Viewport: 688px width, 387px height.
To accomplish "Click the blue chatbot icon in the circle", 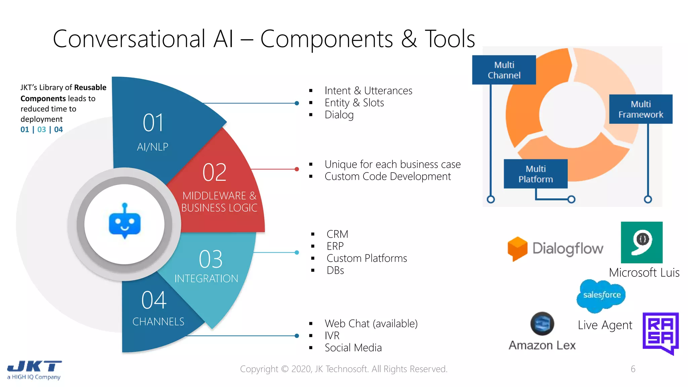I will tap(125, 222).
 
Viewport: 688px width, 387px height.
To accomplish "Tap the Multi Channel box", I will tap(504, 70).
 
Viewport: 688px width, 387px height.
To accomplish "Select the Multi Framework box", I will tap(641, 109).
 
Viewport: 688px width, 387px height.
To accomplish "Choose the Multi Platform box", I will tap(535, 174).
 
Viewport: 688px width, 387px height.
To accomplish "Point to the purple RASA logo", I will tap(660, 332).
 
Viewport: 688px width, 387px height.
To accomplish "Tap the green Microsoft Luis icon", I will tap(642, 242).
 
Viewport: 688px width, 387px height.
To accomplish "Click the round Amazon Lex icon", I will tap(542, 324).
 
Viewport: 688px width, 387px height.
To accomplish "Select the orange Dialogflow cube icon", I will tap(517, 249).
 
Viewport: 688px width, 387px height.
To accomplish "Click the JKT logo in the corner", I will tap(34, 370).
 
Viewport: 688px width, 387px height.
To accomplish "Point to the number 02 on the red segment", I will tap(214, 172).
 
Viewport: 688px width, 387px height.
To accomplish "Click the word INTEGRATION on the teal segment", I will tap(206, 278).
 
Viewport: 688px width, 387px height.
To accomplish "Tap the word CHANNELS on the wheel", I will tap(158, 321).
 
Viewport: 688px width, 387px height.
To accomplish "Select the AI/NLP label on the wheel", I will tap(153, 147).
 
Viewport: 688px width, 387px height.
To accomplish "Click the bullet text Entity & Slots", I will tap(354, 103).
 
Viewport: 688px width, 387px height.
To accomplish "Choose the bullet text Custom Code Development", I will tap(388, 176).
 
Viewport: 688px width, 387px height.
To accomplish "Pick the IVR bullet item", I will tap(332, 336).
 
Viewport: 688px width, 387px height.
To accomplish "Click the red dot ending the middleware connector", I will tap(297, 169).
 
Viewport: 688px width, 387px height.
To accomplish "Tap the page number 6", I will tap(633, 369).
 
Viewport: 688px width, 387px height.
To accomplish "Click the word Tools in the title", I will tap(450, 39).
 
